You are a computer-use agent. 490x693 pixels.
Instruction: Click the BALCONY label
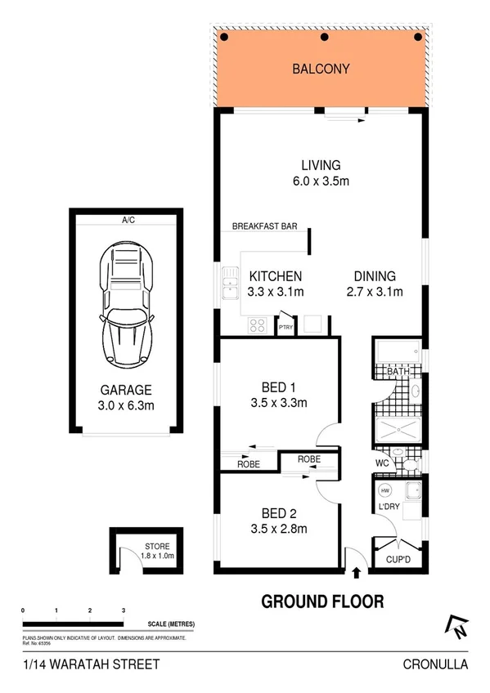click(x=321, y=69)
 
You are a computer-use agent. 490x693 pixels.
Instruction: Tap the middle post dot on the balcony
click(x=325, y=38)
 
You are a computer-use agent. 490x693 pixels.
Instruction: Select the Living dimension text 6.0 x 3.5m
click(x=321, y=181)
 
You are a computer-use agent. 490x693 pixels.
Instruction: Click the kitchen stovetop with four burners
click(x=257, y=324)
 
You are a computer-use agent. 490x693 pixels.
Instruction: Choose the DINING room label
click(x=375, y=276)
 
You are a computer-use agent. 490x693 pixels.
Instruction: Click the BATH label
click(x=398, y=373)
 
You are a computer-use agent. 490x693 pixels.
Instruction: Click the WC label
click(x=381, y=463)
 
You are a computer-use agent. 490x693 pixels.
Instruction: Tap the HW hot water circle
click(x=386, y=490)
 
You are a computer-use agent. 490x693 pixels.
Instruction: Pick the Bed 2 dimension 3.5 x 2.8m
click(x=278, y=529)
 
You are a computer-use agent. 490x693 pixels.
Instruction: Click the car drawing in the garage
click(x=126, y=301)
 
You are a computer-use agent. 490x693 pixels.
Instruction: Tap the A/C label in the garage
click(x=128, y=220)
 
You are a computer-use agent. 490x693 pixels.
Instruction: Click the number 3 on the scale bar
click(x=123, y=610)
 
